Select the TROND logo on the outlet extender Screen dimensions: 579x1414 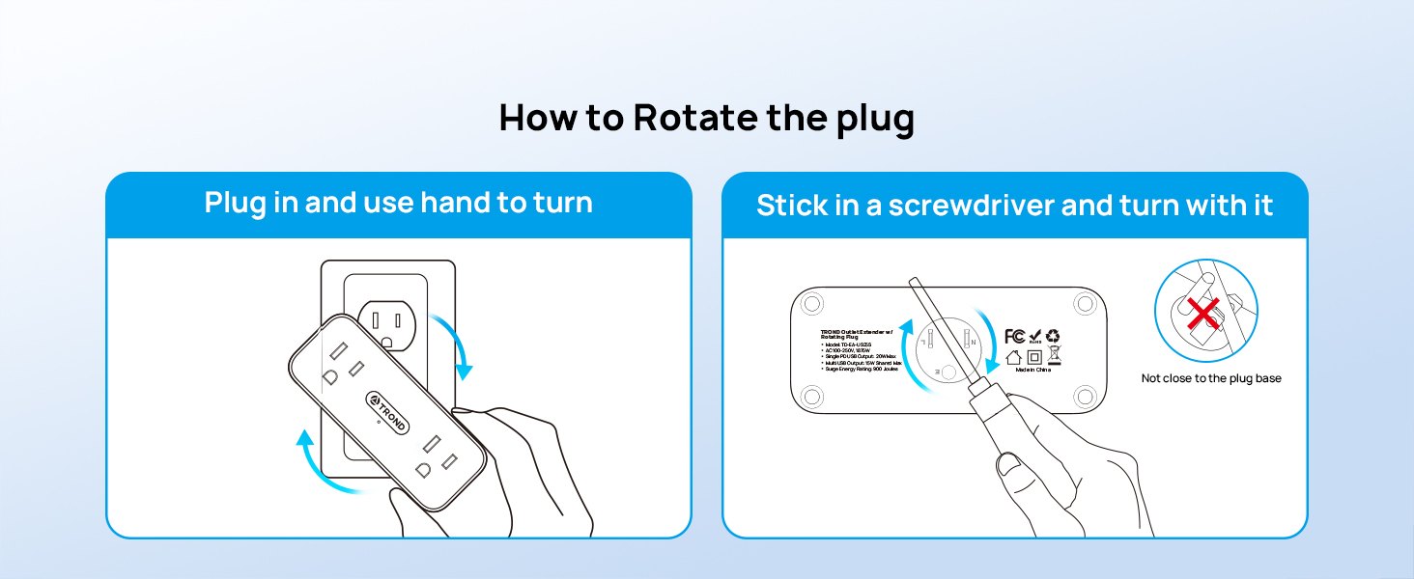click(388, 416)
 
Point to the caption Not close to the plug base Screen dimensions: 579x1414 click(1211, 378)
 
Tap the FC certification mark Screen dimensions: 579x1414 click(1014, 336)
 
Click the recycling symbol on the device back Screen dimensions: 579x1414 click(1053, 336)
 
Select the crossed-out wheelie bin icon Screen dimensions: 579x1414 click(1054, 357)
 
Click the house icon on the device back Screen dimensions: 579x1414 click(1013, 357)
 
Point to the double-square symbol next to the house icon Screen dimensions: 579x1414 click(1033, 357)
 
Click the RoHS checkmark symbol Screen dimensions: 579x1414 click(1034, 335)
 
